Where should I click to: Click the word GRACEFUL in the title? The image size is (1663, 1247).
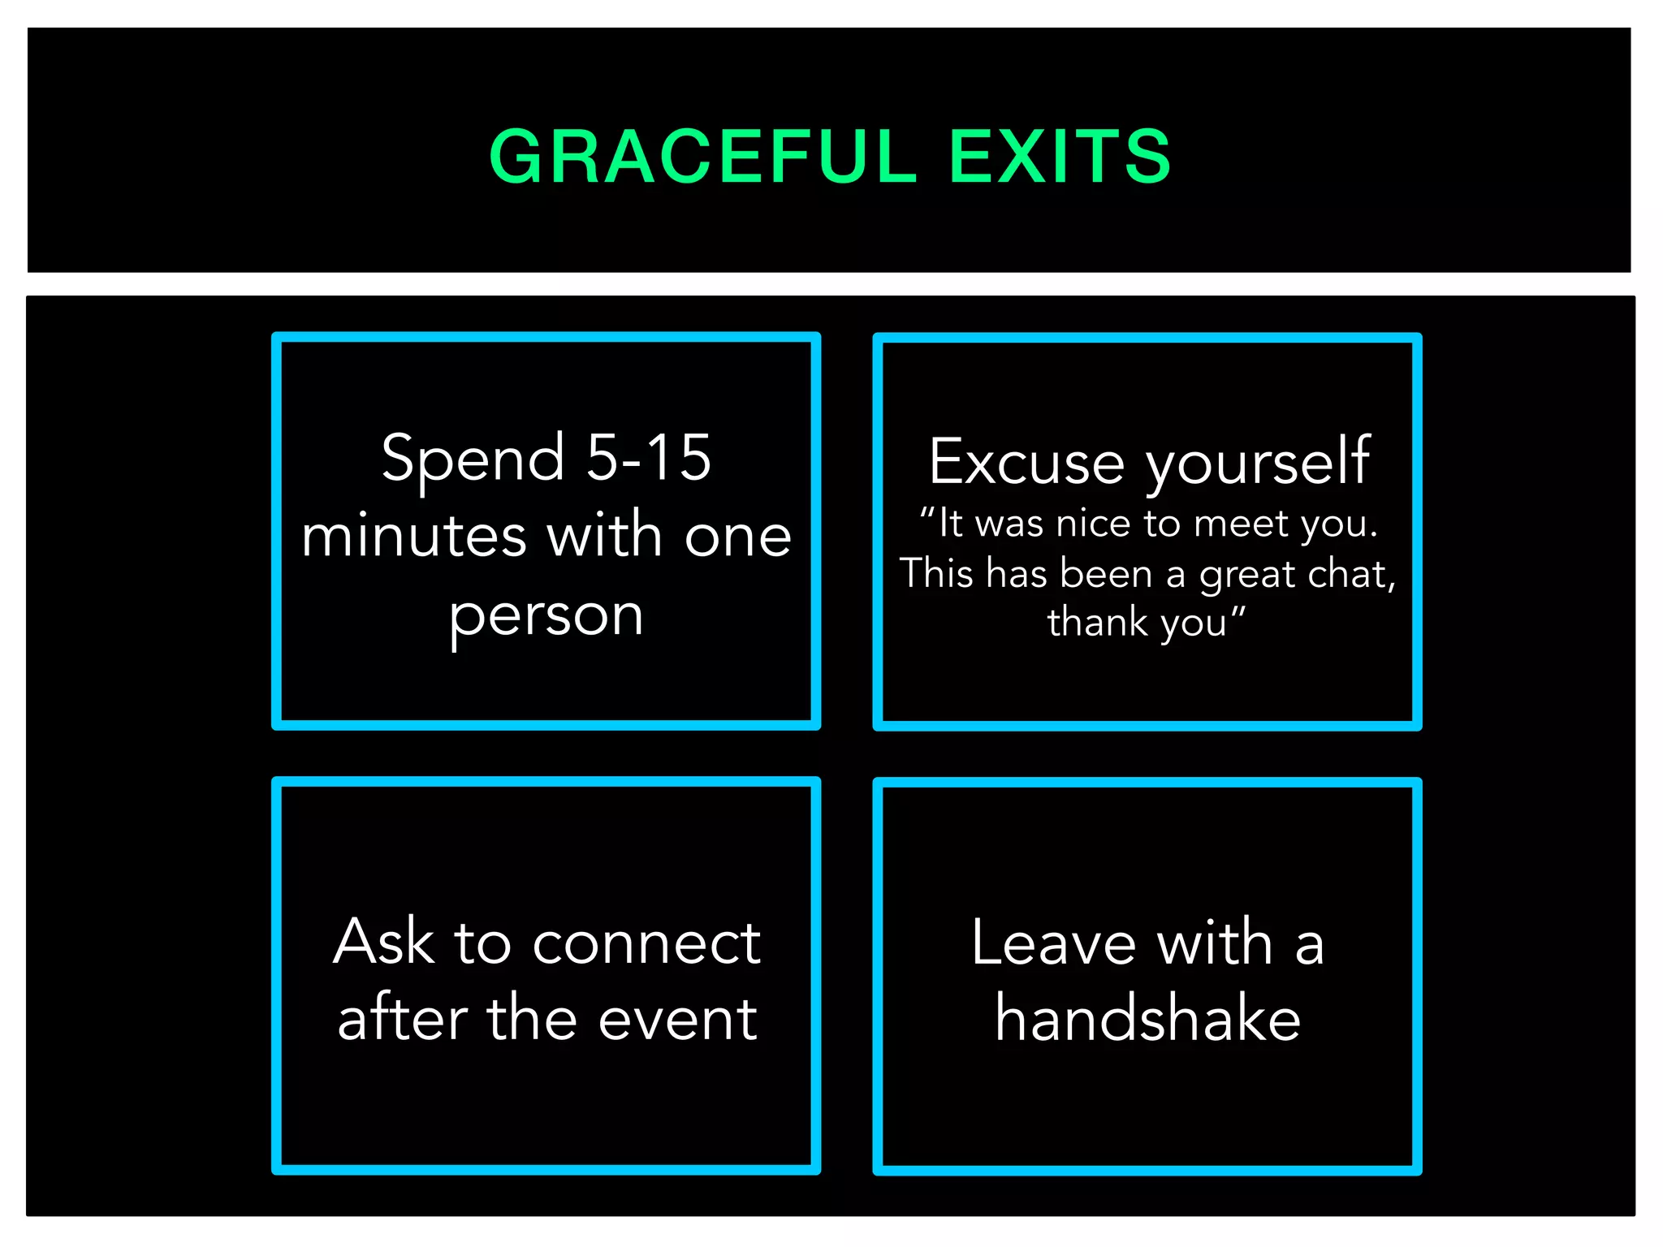702,156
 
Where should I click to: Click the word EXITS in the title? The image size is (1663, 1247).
1060,156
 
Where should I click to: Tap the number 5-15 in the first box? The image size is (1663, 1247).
649,458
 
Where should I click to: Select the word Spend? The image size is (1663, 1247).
473,460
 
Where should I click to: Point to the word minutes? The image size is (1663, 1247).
414,537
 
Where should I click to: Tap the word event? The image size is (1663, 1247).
678,1020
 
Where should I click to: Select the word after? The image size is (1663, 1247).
403,1018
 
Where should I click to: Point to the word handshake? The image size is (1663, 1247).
1148,1018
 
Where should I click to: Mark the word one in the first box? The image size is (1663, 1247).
737,537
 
